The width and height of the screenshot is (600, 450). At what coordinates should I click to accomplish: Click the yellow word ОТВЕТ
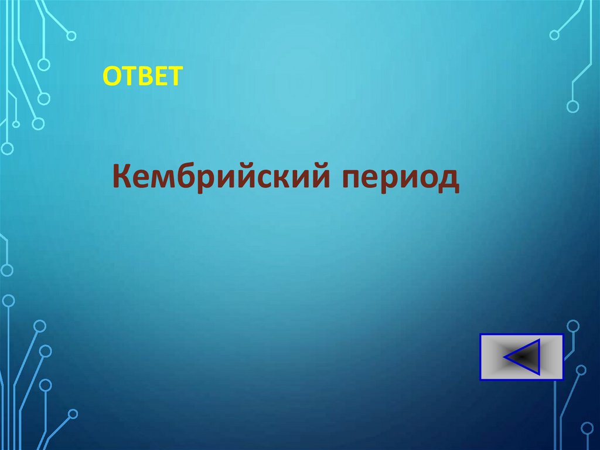pos(143,76)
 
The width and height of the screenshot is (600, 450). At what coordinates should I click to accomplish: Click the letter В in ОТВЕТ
pos(144,76)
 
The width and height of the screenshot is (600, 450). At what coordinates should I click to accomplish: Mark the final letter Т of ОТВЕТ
pos(175,76)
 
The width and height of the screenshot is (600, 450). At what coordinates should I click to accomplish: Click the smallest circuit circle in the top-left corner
pos(16,124)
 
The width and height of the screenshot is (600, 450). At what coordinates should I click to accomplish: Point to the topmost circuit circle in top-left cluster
pos(71,36)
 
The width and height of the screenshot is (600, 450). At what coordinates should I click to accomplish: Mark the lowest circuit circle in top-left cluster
pos(6,148)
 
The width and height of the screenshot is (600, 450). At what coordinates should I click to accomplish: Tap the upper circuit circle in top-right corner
pos(554,35)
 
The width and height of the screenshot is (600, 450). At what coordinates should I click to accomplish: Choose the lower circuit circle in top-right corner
pos(572,106)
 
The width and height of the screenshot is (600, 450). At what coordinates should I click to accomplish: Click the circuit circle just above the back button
pos(573,325)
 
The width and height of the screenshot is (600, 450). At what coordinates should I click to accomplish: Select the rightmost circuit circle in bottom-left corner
pos(72,414)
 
